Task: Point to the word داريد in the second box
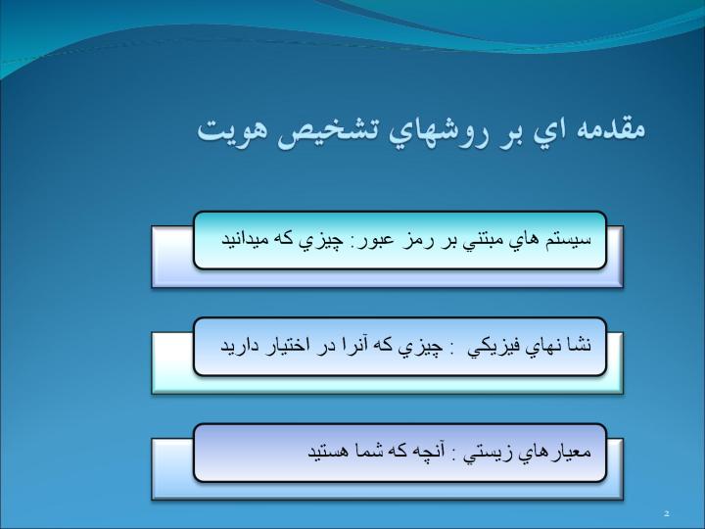235,346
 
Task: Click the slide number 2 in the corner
667,513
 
